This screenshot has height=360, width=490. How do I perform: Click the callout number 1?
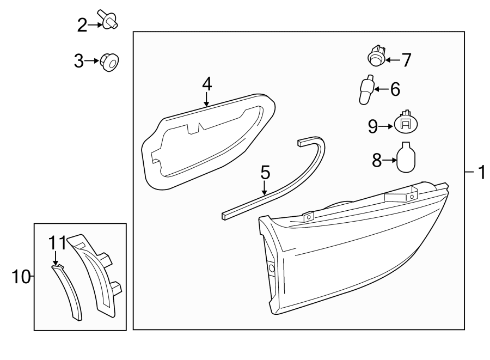(x=481, y=173)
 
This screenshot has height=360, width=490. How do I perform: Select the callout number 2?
(x=82, y=25)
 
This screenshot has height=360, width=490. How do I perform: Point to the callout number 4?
(x=206, y=83)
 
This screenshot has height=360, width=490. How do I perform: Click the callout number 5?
(x=265, y=173)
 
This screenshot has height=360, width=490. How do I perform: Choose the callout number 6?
(x=395, y=89)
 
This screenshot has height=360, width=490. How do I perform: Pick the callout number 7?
(x=406, y=59)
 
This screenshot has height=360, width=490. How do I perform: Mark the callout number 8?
(x=375, y=160)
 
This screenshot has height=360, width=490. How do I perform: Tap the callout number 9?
(x=373, y=126)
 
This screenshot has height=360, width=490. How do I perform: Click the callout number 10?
(x=20, y=277)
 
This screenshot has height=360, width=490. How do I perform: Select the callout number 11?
(x=58, y=242)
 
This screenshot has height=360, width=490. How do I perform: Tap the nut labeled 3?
(x=110, y=63)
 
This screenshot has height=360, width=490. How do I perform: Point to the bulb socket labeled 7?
(x=376, y=56)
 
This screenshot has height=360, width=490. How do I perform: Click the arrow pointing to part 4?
(x=206, y=99)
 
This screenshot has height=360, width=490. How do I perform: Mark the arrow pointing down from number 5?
(x=265, y=188)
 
